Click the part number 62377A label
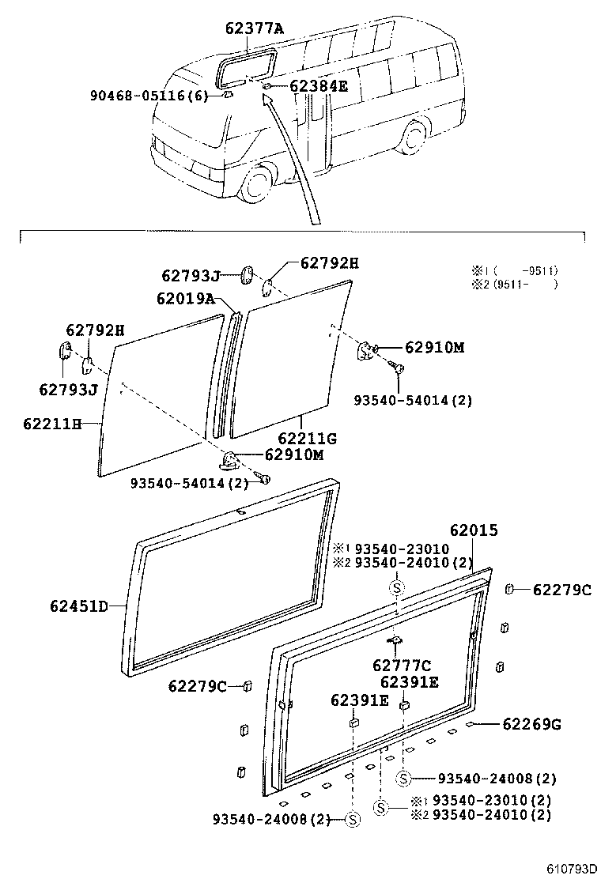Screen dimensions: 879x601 coord(254,30)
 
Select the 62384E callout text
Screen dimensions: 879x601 coord(318,86)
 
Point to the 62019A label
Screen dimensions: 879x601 coord(185,298)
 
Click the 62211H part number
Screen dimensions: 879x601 coord(52,424)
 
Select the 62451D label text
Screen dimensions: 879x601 coord(78,606)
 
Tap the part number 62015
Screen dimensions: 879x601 coord(474,530)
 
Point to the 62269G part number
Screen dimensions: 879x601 coord(531,723)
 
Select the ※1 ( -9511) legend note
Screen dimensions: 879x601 coord(515,270)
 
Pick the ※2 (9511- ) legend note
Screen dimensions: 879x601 coord(515,285)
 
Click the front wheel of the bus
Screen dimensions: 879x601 coord(256,183)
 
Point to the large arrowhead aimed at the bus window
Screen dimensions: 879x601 coord(268,98)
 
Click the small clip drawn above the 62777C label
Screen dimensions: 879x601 coord(395,641)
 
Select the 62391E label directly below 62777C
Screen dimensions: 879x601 coord(409,681)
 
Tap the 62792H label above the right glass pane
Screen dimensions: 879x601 coord(328,262)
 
